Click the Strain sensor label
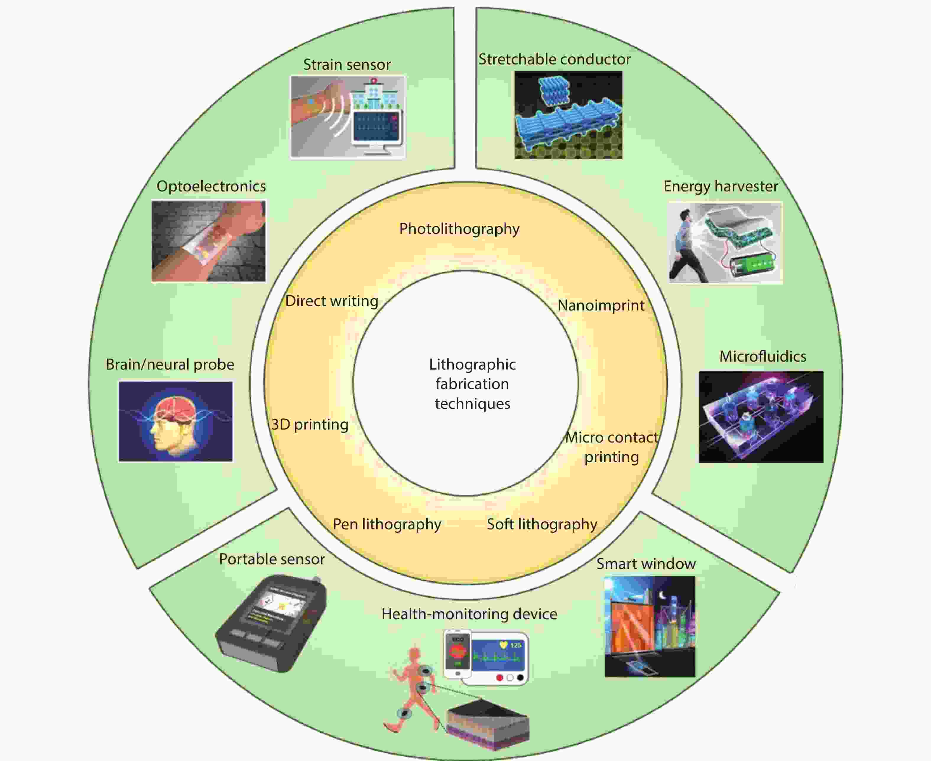click(x=347, y=64)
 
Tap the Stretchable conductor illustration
click(x=568, y=115)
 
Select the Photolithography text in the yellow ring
click(x=459, y=229)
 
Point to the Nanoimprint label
click(x=601, y=305)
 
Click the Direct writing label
click(x=332, y=301)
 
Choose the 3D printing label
click(x=310, y=424)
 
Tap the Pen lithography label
click(x=387, y=524)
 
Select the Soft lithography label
click(x=542, y=524)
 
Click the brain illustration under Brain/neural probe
click(x=175, y=421)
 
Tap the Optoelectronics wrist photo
click(x=209, y=241)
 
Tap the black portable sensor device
click(x=271, y=624)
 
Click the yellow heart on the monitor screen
click(x=503, y=645)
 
